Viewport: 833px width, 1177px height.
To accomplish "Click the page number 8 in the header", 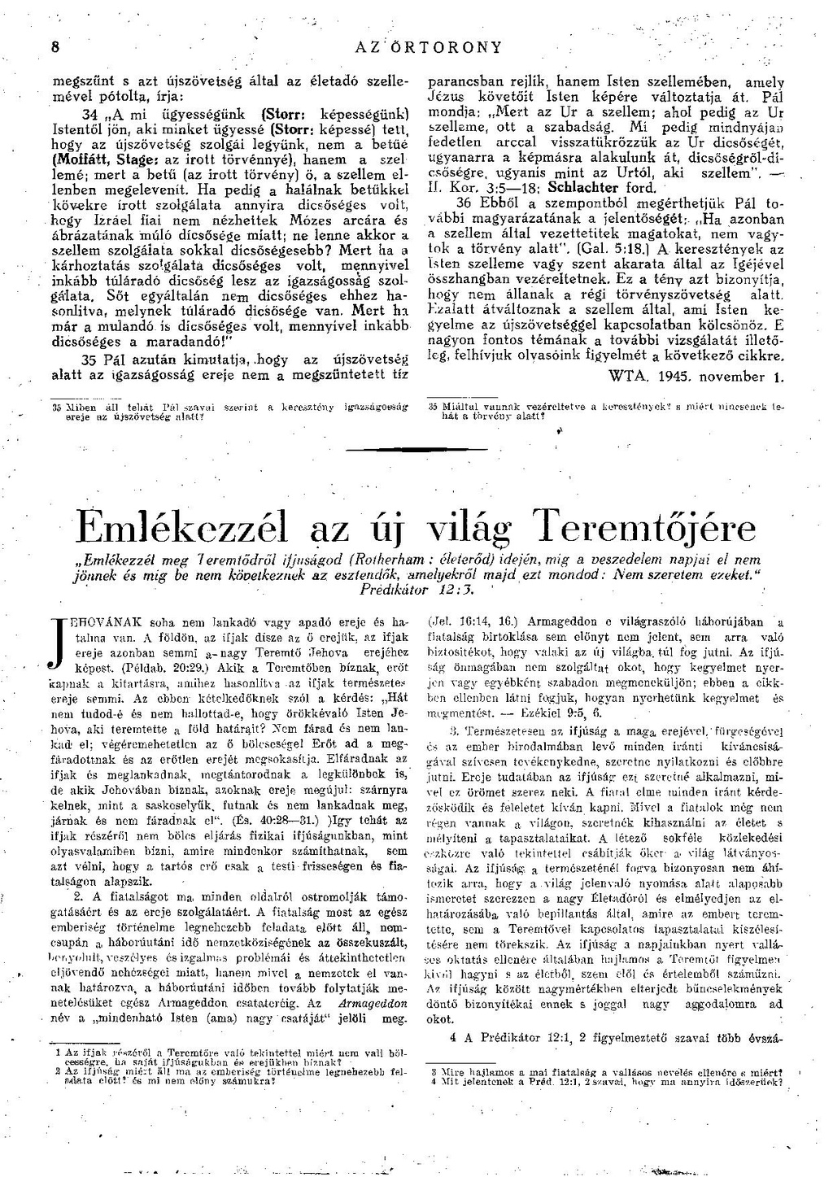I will pyautogui.click(x=55, y=47).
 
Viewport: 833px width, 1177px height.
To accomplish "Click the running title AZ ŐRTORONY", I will pyautogui.click(x=429, y=47).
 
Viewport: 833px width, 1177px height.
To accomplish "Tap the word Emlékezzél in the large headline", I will pyautogui.click(x=180, y=530).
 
